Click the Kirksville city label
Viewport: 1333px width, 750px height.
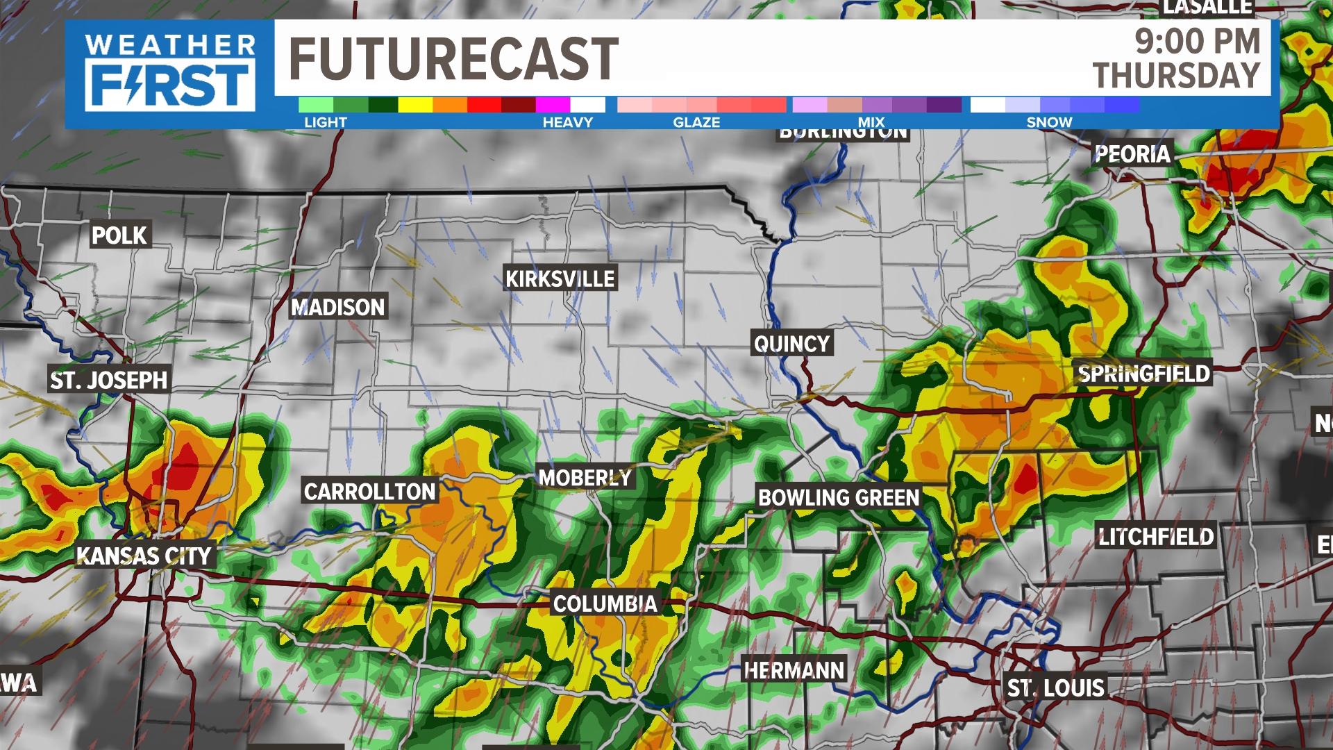(560, 279)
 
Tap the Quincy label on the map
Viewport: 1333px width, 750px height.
(791, 344)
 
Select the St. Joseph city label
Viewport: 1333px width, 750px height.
(109, 380)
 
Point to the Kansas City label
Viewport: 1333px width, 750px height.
(144, 556)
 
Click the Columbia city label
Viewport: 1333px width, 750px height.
(605, 604)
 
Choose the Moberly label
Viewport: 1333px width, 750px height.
(585, 478)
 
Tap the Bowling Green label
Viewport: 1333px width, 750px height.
(839, 498)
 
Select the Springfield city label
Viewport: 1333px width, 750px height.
(1143, 374)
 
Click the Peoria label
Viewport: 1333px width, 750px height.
(1132, 153)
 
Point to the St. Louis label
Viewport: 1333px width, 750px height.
(1055, 687)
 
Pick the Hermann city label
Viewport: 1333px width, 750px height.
(794, 670)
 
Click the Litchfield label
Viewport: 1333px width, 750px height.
(1156, 536)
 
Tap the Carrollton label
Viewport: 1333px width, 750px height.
(369, 492)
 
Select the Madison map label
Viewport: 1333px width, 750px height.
(338, 307)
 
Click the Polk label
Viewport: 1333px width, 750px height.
(119, 235)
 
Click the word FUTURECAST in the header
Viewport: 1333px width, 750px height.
(453, 59)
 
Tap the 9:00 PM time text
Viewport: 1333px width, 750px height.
(1197, 42)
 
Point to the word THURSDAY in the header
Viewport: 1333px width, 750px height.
(1176, 75)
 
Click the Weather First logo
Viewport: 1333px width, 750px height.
(170, 73)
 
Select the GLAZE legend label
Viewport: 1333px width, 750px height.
(696, 122)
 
